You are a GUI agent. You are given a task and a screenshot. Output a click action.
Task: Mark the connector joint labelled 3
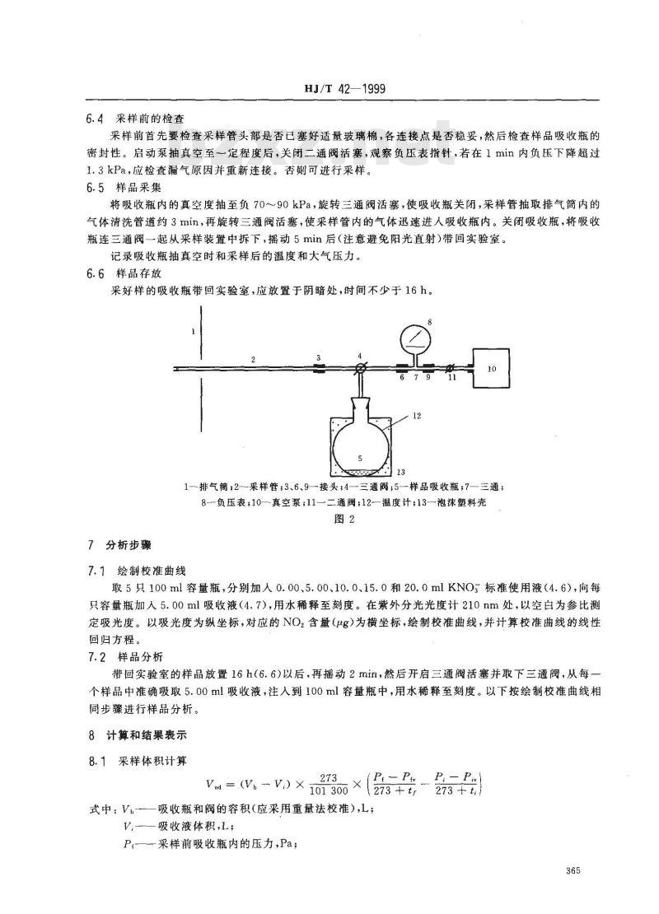pyautogui.click(x=319, y=369)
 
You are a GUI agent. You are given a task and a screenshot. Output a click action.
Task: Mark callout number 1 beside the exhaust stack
pyautogui.click(x=193, y=331)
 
